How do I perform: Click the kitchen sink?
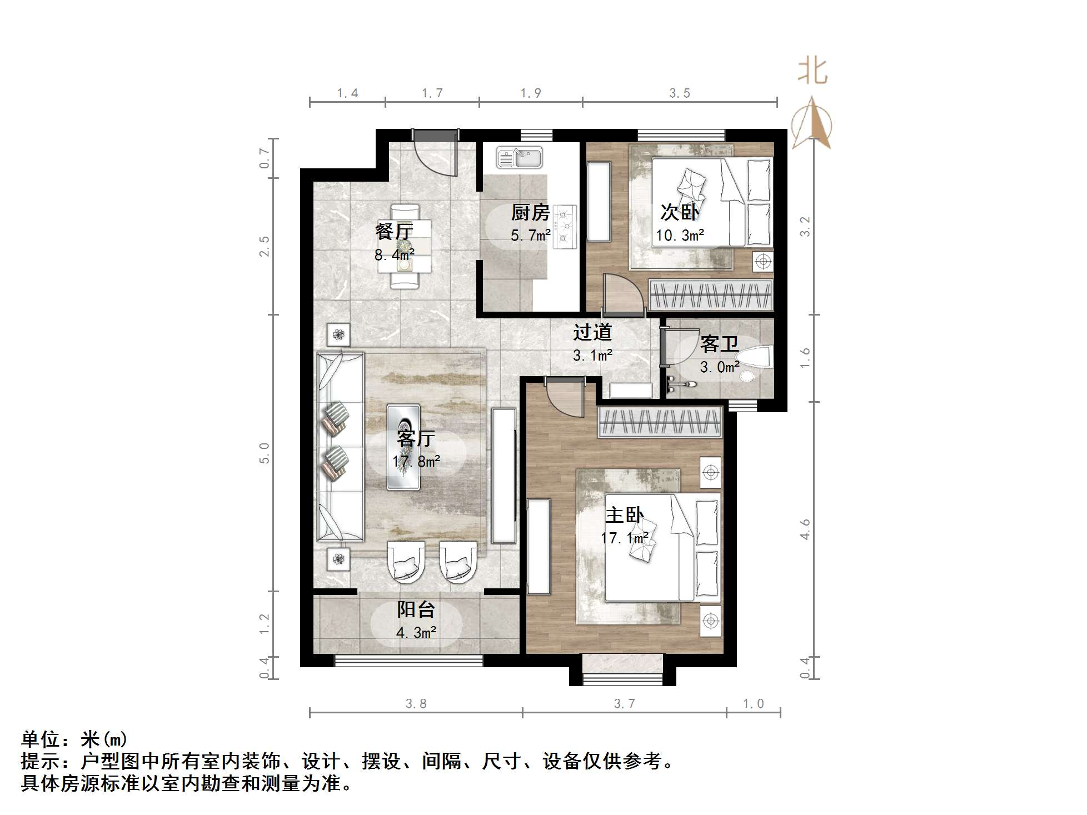[520, 158]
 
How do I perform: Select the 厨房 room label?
[530, 212]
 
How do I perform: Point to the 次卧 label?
[679, 212]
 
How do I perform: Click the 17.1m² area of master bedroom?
[624, 538]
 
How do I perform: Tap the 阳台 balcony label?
[416, 610]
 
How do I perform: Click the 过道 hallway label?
[592, 332]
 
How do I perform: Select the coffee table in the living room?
[403, 447]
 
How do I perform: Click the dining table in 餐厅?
[405, 246]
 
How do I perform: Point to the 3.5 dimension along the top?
[679, 93]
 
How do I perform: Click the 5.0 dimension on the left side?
[264, 453]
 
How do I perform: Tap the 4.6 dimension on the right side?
[805, 529]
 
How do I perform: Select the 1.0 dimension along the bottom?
[754, 704]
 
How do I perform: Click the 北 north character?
[812, 72]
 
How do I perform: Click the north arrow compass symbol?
[812, 123]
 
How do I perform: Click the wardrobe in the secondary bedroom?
[711, 295]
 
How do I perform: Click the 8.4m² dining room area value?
[394, 256]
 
